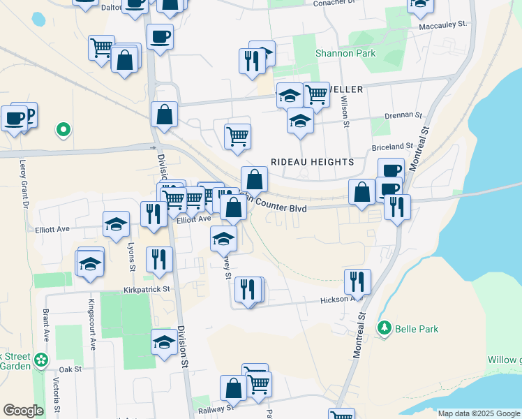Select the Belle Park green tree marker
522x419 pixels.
pyautogui.click(x=383, y=327)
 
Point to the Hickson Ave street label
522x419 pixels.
pyautogui.click(x=341, y=300)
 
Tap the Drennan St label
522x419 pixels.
pyautogui.click(x=403, y=115)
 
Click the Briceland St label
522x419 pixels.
pyautogui.click(x=393, y=147)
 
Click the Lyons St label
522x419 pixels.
pyautogui.click(x=130, y=256)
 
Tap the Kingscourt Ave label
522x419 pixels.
pyautogui.click(x=91, y=324)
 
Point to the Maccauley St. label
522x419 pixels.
pyautogui.click(x=442, y=24)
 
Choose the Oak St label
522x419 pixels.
pyautogui.click(x=70, y=369)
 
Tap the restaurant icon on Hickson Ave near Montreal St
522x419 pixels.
pyautogui.click(x=357, y=281)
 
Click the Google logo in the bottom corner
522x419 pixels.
pyautogui.click(x=23, y=411)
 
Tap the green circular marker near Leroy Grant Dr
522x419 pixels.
pyautogui.click(x=63, y=128)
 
